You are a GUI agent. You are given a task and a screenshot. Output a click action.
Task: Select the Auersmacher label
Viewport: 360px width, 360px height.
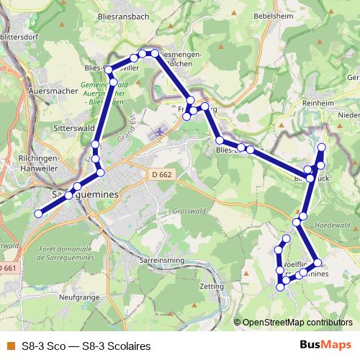[x=51, y=92]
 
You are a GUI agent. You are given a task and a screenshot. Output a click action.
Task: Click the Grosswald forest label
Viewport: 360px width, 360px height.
[x=189, y=211]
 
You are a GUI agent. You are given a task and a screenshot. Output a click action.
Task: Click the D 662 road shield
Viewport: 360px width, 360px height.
[x=163, y=174]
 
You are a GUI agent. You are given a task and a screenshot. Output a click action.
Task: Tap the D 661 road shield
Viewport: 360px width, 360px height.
[x=6, y=269]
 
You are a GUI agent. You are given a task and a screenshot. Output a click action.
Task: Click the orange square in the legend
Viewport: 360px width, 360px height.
[x=10, y=346]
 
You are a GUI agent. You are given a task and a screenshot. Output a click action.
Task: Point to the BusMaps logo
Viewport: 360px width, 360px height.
[x=326, y=345]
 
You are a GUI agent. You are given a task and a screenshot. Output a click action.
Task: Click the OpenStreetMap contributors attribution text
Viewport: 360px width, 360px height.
[x=297, y=322]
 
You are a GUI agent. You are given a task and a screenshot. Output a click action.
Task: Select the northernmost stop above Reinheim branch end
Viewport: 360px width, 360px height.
[x=322, y=147]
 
